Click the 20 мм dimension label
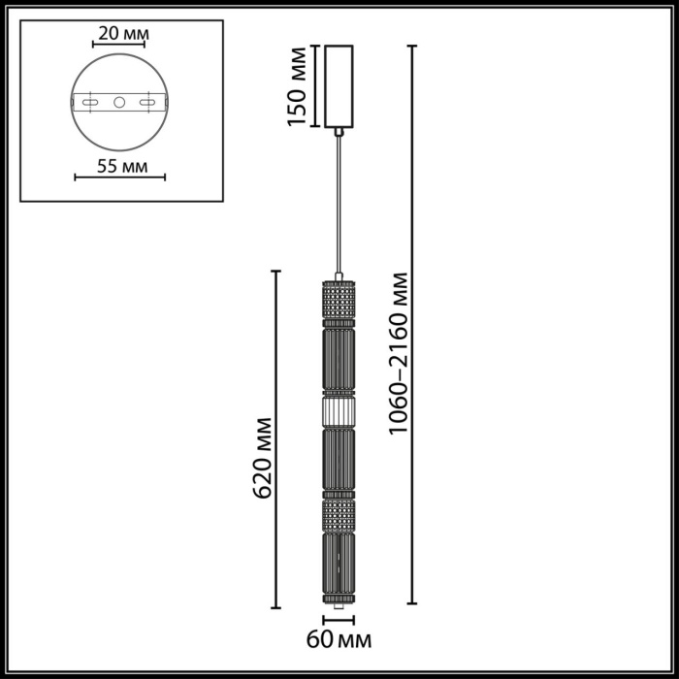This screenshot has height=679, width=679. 120,34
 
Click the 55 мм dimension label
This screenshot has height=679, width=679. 120,165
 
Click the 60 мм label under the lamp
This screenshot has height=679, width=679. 339,639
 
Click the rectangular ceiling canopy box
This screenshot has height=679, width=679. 339,87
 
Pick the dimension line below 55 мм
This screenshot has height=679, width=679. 120,178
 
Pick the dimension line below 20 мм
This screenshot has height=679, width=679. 120,46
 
